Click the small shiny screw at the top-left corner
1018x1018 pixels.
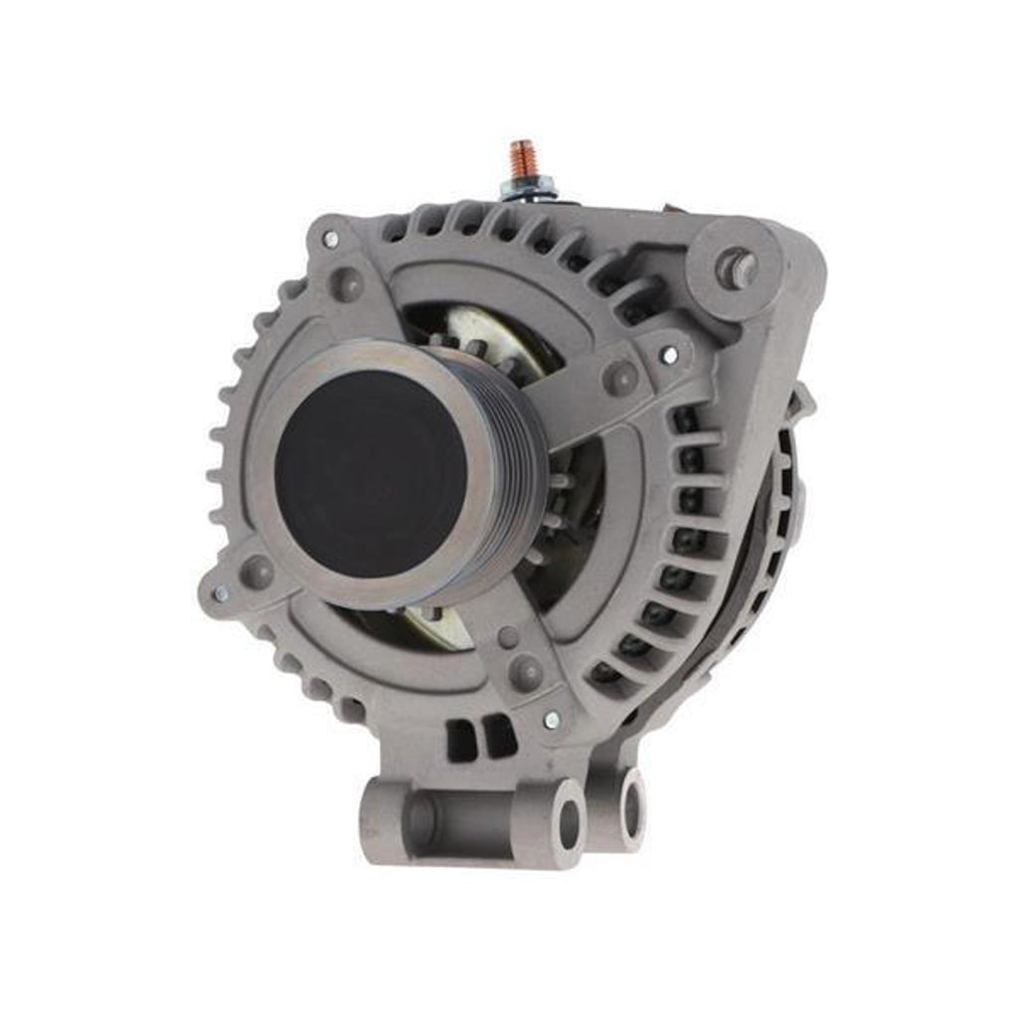[330, 239]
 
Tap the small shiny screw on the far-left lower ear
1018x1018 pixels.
[220, 594]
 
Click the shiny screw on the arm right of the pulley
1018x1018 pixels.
[670, 354]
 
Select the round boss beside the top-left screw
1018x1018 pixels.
[346, 284]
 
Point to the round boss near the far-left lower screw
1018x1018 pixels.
[256, 572]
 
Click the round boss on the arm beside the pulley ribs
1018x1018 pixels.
[621, 378]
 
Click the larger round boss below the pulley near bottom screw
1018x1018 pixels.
[526, 673]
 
